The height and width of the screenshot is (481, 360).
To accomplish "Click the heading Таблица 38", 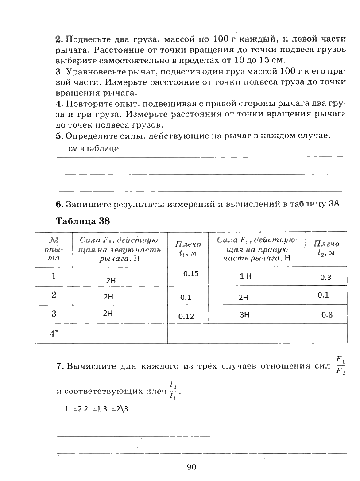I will tap(83, 221).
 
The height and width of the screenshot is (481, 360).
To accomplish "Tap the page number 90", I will tap(191, 466).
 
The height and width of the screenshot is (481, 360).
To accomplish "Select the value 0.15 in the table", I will tap(191, 274).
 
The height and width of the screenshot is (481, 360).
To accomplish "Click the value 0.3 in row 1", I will tap(325, 278).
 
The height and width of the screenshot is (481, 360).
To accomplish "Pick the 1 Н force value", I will tap(245, 276).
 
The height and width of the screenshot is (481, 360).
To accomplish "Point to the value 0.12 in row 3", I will tap(186, 316).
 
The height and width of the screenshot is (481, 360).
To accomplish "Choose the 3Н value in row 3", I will tap(244, 315).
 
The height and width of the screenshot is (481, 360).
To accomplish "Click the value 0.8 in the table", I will tap(327, 315).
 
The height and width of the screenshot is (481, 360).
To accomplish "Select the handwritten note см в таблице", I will tap(93, 149).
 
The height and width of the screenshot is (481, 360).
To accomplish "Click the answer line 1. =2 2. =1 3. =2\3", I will tap(96, 409).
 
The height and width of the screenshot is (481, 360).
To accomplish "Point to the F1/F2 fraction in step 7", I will tap(340, 365).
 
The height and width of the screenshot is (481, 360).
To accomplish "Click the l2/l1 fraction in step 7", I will tap(173, 391).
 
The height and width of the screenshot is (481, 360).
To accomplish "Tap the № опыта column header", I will tap(54, 250).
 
